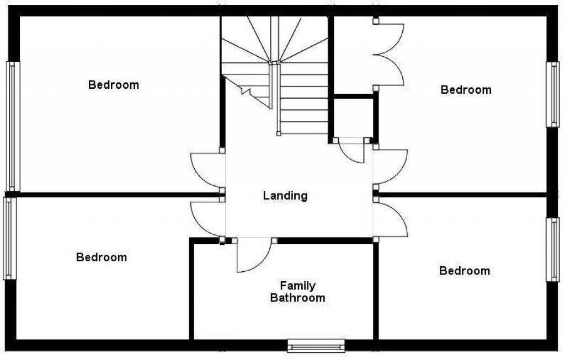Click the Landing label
tap(285, 195)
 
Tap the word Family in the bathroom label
tap(297, 286)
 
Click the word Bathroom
tap(297, 298)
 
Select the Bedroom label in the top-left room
tap(114, 85)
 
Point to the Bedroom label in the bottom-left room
tap(102, 257)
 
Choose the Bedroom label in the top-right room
tap(466, 89)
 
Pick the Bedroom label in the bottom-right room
tap(465, 271)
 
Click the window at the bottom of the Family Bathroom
tap(316, 346)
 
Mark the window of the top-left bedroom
tap(13, 126)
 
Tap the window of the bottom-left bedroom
tap(8, 238)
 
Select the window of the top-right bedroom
tap(552, 94)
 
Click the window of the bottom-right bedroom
tap(552, 250)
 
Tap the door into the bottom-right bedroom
tap(391, 218)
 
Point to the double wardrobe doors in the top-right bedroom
tap(390, 55)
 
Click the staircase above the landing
tap(276, 66)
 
